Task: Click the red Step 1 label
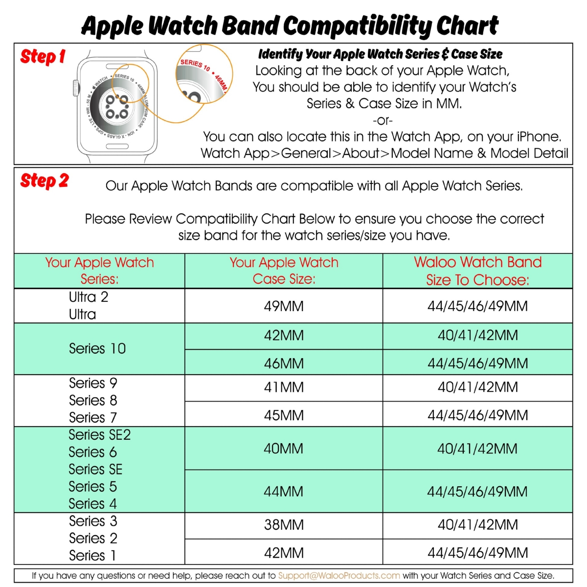(43, 57)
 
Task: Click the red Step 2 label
(45, 181)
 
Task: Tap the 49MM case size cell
(284, 306)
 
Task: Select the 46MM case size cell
(284, 363)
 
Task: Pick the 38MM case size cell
(284, 525)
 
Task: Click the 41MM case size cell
(284, 387)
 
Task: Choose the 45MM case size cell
(284, 415)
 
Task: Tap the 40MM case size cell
(284, 449)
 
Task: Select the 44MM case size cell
(284, 491)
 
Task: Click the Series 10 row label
(97, 349)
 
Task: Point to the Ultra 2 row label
(89, 297)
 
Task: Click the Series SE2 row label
(100, 435)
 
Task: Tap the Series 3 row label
(93, 521)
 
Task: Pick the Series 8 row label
(93, 400)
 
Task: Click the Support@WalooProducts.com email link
(339, 576)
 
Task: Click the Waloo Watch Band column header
(477, 271)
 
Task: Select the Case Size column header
(284, 271)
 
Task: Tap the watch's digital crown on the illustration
(76, 89)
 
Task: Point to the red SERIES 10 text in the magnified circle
(195, 65)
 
